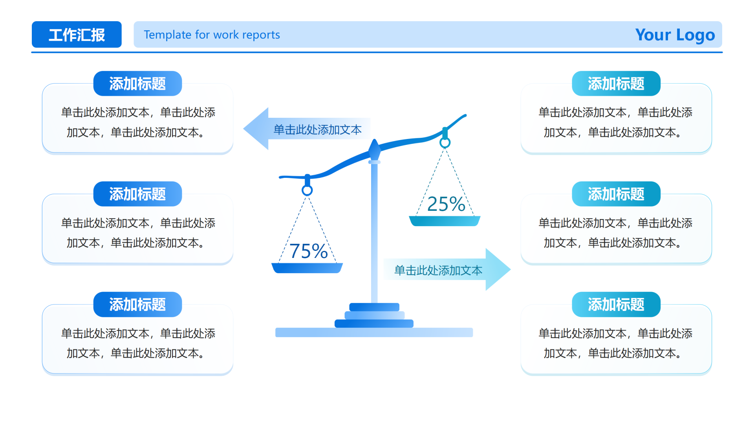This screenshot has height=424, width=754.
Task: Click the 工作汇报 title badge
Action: (77, 35)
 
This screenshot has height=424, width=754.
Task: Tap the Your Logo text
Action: (675, 35)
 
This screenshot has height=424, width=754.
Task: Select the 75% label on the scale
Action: (309, 251)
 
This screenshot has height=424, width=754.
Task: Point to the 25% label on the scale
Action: (446, 204)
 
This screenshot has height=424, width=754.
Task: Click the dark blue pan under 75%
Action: (307, 268)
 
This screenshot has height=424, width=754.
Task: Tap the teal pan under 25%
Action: (445, 221)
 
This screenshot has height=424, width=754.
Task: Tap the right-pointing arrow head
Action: (497, 269)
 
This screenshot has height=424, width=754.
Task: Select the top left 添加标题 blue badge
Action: (137, 84)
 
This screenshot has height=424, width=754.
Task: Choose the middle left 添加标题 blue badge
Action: (137, 194)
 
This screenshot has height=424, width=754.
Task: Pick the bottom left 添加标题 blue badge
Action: (137, 304)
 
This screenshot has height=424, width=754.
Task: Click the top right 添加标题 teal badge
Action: (616, 84)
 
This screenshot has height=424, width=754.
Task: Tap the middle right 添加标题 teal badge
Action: (616, 194)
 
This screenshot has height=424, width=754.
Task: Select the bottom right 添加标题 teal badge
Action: (616, 304)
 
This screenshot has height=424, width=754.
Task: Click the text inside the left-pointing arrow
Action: (317, 130)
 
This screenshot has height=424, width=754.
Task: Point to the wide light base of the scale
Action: (374, 333)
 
